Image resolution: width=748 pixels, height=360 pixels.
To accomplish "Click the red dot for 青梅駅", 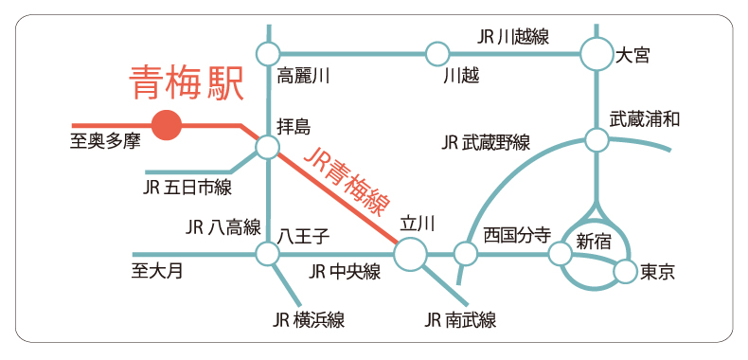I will click(x=167, y=124).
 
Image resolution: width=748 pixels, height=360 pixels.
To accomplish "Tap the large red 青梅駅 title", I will click(x=187, y=82).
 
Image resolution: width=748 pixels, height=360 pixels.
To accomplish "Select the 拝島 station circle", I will click(x=267, y=147).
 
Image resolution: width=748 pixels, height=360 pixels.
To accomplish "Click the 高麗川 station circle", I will click(x=267, y=53).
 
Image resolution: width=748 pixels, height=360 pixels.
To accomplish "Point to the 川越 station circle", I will click(x=436, y=53).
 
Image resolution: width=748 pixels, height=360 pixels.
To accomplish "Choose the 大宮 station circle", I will click(x=597, y=53).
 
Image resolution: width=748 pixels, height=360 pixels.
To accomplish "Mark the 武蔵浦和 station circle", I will click(x=597, y=141).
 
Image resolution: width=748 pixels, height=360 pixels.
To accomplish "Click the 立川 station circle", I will click(x=410, y=254).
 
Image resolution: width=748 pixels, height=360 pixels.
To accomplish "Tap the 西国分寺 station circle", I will click(x=465, y=254).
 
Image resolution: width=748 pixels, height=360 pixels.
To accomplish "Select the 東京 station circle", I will click(x=624, y=273).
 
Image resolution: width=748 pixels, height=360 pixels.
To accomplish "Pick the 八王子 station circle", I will click(x=267, y=254).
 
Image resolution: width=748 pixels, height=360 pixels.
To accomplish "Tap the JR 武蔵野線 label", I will click(x=486, y=143).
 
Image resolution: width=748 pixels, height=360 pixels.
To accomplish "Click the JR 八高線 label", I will click(x=223, y=226).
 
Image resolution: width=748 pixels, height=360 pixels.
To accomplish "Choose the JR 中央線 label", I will click(x=345, y=273).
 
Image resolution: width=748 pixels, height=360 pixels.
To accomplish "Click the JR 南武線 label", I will click(x=460, y=320).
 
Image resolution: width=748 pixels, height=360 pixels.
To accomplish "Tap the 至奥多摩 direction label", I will click(x=104, y=143).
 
